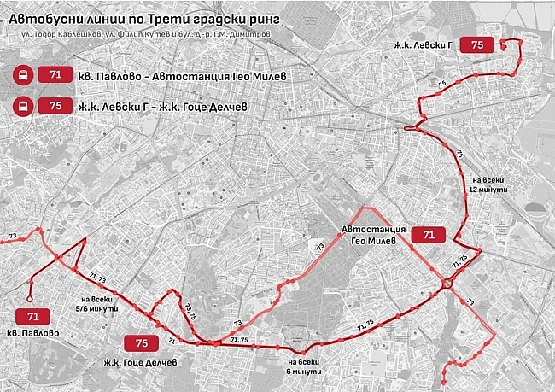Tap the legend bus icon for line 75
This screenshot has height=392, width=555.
(20, 106)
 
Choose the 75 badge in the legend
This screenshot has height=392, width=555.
(55, 106)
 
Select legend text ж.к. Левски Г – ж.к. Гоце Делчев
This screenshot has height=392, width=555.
(166, 106)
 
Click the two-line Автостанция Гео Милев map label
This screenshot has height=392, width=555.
(369, 236)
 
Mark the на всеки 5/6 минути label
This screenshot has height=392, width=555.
(99, 305)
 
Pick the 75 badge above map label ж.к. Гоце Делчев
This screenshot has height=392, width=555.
(141, 343)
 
